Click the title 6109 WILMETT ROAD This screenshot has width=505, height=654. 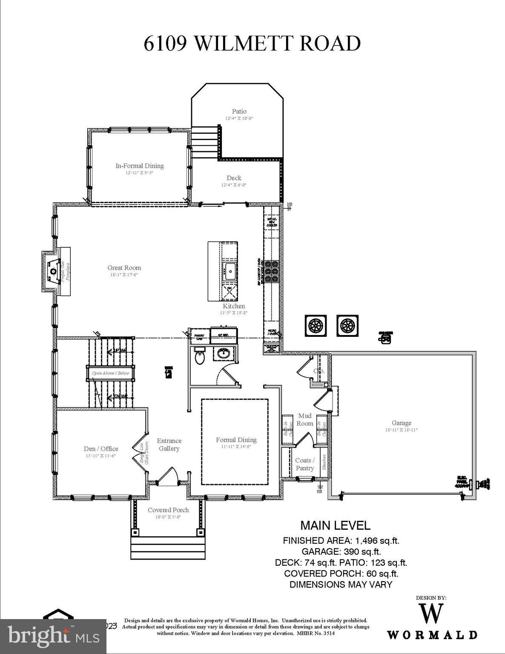252,43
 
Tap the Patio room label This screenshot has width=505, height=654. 239,112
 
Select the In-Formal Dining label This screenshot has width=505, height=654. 140,166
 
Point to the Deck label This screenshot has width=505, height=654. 234,178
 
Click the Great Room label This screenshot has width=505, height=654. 124,268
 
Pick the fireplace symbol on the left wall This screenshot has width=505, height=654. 54,272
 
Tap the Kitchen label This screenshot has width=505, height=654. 234,306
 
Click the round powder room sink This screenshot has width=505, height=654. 222,353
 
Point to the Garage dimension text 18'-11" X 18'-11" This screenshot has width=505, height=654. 401,430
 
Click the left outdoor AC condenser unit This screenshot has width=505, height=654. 316,326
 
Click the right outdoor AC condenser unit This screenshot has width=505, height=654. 347,326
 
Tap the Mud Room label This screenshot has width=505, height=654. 305,419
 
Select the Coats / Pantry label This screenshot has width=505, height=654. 305,464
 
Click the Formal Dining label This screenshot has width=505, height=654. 236,440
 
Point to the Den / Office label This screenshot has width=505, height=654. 101,449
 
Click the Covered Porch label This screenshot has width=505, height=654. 168,510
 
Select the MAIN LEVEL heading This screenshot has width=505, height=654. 336,525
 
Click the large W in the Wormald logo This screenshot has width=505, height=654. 432,614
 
